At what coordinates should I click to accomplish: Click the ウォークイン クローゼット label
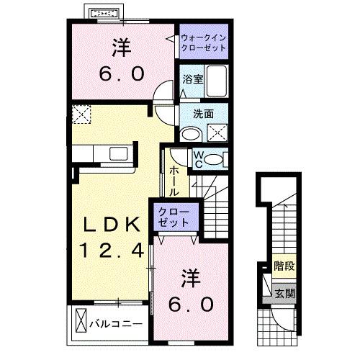204,42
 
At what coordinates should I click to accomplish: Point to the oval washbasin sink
191,133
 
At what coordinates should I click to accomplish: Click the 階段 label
284,267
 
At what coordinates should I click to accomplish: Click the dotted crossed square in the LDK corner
81,114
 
